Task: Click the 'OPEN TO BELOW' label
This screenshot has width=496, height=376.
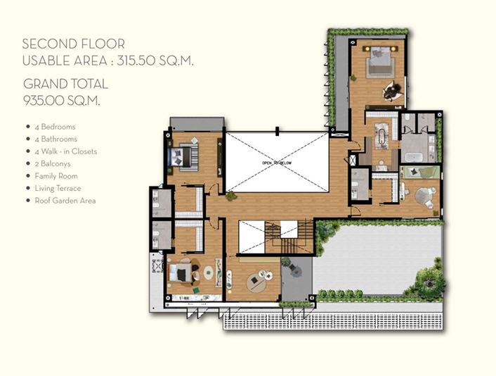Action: [x=277, y=163]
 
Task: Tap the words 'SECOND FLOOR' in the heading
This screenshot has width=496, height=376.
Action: [x=73, y=44]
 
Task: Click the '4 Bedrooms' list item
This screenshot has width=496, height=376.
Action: [x=55, y=127]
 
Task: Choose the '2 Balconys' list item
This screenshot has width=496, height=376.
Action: [x=53, y=164]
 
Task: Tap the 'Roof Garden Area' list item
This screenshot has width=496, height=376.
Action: [x=65, y=201]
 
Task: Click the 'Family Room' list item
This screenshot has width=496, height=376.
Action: [x=56, y=176]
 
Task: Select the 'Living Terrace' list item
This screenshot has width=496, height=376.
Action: [x=58, y=188]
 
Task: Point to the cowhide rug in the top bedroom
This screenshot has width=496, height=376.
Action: [x=391, y=91]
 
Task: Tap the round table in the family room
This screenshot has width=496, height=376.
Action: [x=256, y=282]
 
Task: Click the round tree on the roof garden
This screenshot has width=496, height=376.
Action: [x=430, y=283]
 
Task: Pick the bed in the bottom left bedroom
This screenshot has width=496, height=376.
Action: [x=181, y=273]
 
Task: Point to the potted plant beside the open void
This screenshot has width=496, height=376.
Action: [x=232, y=196]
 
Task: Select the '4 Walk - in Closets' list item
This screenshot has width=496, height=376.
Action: [x=66, y=151]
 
